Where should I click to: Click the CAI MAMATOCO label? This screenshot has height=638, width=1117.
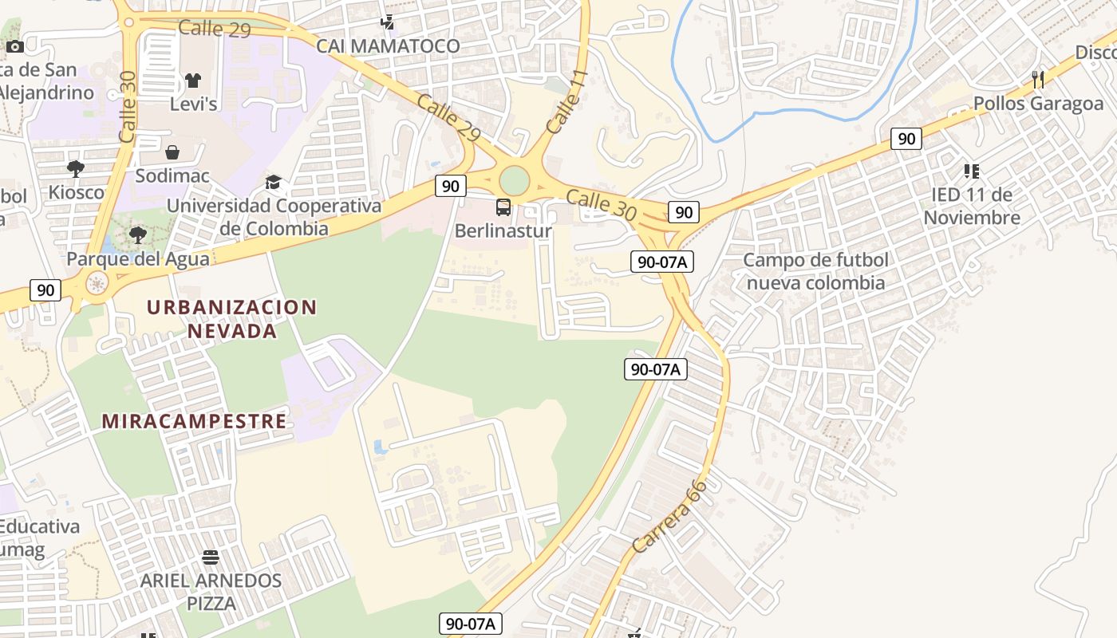click(x=388, y=46)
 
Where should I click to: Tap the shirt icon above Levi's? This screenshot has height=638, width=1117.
click(x=193, y=80)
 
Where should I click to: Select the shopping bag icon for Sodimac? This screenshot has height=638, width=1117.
click(x=172, y=152)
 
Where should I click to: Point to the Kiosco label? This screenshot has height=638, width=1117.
click(x=77, y=192)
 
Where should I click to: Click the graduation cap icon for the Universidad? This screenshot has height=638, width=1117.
click(x=274, y=183)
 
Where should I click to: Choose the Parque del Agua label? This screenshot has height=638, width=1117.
click(x=138, y=258)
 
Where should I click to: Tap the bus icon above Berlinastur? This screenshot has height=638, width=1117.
click(x=503, y=207)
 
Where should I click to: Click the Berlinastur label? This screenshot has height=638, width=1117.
click(x=503, y=231)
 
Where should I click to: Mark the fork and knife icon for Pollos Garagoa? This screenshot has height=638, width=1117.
click(x=1038, y=79)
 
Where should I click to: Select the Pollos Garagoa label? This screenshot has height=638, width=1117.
click(x=1038, y=104)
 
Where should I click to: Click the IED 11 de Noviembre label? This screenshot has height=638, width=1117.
click(x=972, y=206)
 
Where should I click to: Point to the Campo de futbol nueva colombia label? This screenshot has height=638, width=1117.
click(x=815, y=271)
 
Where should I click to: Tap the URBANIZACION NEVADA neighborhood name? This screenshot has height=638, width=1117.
click(x=232, y=318)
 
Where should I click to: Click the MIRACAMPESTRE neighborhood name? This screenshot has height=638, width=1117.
click(x=194, y=421)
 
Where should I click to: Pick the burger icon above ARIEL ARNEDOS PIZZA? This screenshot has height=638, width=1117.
click(x=211, y=557)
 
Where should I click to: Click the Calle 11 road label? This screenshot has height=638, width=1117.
click(x=567, y=101)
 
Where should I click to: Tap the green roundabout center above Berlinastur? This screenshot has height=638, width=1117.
click(x=515, y=179)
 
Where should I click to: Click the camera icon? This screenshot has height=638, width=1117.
click(x=15, y=46)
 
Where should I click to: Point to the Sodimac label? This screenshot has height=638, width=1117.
click(x=172, y=175)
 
